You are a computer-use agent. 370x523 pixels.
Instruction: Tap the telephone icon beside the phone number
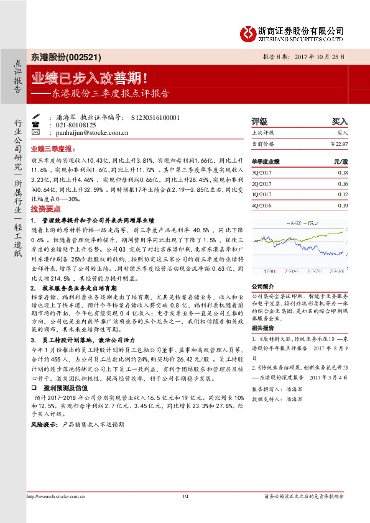(x=35, y=125)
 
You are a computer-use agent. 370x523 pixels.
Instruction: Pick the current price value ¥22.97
(x=339, y=143)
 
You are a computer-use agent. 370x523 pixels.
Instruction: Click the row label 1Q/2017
(x=262, y=194)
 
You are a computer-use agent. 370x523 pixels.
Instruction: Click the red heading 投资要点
(x=46, y=209)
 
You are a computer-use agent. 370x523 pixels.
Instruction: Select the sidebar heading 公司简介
(x=262, y=286)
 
